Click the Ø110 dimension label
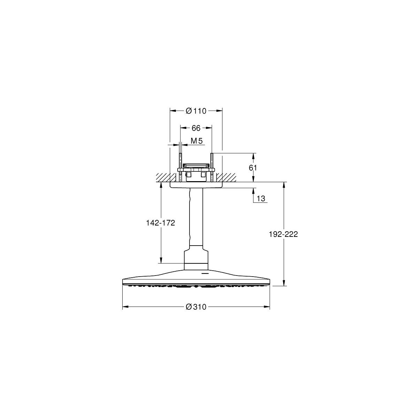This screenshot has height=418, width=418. coord(196,111)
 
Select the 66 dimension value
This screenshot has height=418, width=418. coord(196,128)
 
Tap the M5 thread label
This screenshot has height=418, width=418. coord(197,141)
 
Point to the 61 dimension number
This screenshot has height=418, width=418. coord(253,168)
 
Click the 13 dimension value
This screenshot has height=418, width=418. coord(261,199)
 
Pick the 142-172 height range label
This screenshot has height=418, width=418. coord(161,223)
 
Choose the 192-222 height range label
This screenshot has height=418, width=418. coord(283,234)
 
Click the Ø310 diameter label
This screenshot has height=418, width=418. coord(196,307)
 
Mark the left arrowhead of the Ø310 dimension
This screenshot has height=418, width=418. coord(126,307)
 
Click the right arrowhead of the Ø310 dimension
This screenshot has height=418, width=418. coord(266,307)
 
